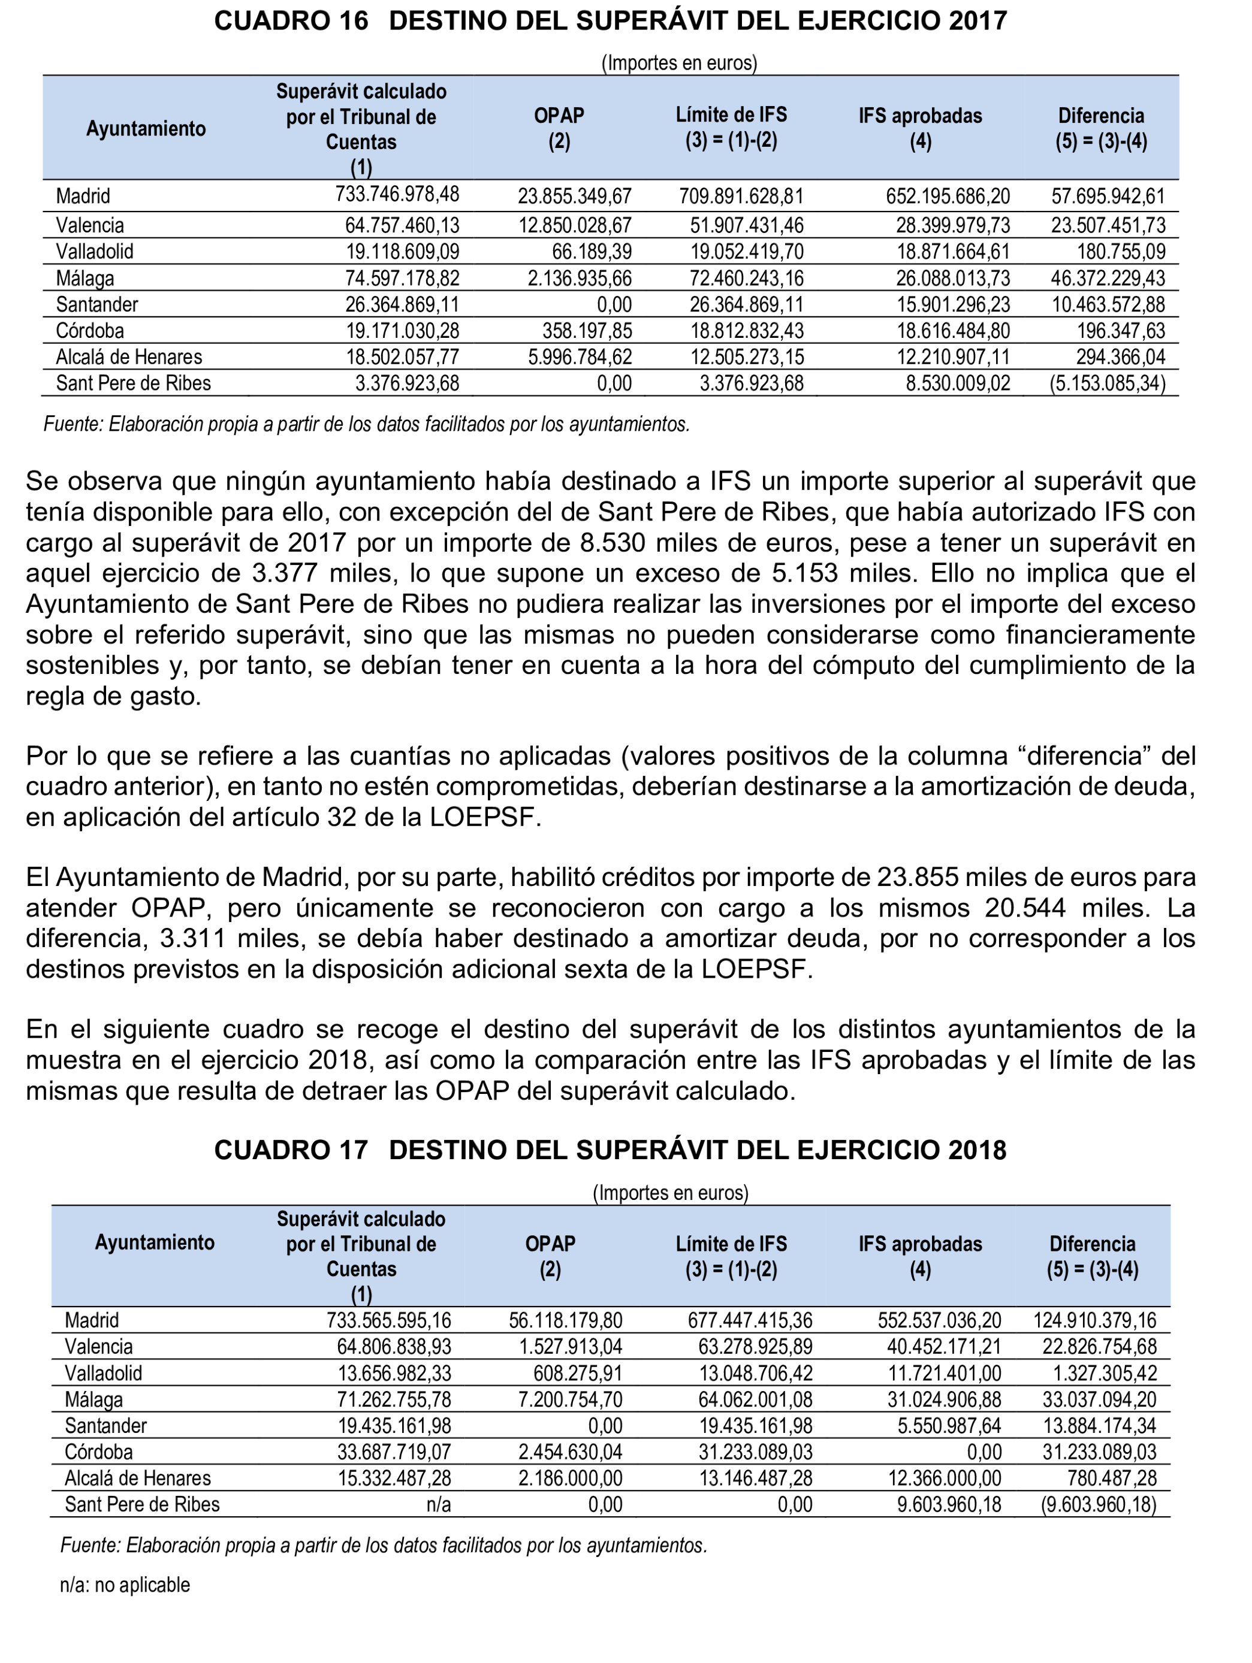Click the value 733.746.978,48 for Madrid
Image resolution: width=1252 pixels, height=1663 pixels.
point(397,195)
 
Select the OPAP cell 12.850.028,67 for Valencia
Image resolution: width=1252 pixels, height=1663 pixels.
point(575,225)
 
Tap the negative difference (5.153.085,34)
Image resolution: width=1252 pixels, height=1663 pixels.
point(1107,384)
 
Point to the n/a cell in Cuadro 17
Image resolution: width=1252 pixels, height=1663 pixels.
point(437,1504)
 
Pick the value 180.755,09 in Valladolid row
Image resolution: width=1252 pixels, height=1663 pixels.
point(1120,252)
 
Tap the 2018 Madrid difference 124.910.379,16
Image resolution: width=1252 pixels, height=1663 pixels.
point(1095,1320)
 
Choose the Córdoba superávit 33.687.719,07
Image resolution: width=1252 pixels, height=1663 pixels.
point(394,1452)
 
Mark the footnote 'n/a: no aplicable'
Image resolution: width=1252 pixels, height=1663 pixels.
point(125,1585)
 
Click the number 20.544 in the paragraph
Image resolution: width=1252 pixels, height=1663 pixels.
point(1025,908)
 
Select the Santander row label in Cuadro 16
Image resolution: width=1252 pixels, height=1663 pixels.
point(97,304)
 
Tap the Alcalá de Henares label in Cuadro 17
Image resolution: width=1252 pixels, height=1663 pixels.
point(138,1478)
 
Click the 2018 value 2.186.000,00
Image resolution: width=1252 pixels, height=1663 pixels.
point(570,1478)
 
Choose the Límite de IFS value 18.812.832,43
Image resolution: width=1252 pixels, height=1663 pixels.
point(747,331)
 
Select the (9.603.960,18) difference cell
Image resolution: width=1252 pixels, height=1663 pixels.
point(1099,1504)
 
